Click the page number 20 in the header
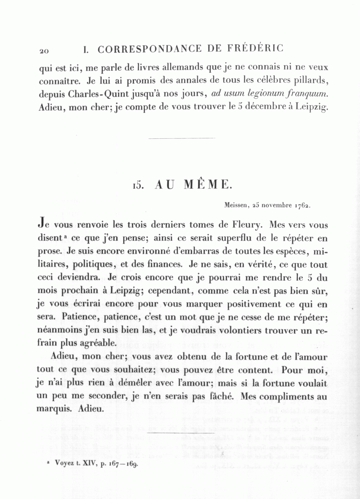click(44, 51)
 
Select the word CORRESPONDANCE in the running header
click(150, 49)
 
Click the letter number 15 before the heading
click(138, 185)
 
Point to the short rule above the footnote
click(181, 433)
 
